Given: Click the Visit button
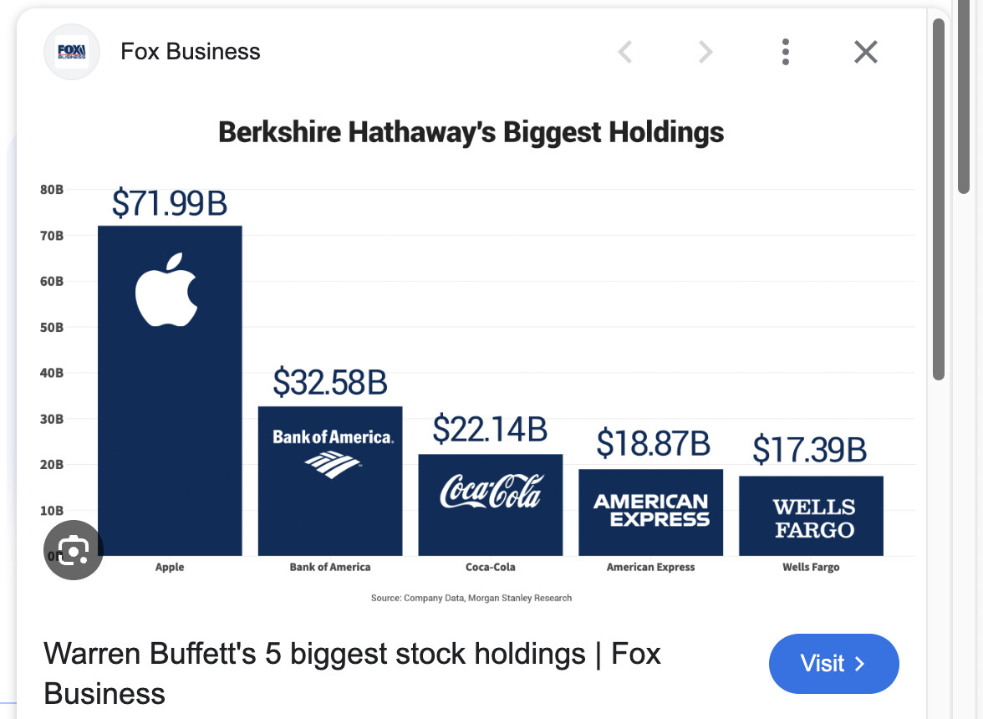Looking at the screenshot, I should click(833, 664).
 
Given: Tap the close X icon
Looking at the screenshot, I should click(866, 53).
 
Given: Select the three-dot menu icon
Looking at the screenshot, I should click(786, 53).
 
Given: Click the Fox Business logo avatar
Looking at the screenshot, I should click(72, 53).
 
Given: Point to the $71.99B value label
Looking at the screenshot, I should click(170, 203).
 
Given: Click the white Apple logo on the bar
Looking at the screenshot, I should click(167, 290).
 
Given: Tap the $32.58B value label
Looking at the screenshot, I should click(330, 383).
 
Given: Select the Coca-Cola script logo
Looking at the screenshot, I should click(491, 491).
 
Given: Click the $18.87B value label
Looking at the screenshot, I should click(653, 443).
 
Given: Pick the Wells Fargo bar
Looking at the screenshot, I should click(811, 516).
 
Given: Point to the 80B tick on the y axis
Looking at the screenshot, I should click(52, 190).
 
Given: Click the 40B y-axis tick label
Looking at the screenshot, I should click(52, 373).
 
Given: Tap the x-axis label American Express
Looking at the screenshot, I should click(650, 567).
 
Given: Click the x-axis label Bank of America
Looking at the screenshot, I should click(330, 567).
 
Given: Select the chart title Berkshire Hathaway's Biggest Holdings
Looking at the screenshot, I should click(471, 133).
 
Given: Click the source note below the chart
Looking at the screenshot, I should click(471, 598).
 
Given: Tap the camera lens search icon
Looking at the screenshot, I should click(74, 550).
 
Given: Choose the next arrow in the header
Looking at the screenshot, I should click(705, 53).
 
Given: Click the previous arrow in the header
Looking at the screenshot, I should click(624, 53).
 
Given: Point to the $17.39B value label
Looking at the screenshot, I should click(809, 450).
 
